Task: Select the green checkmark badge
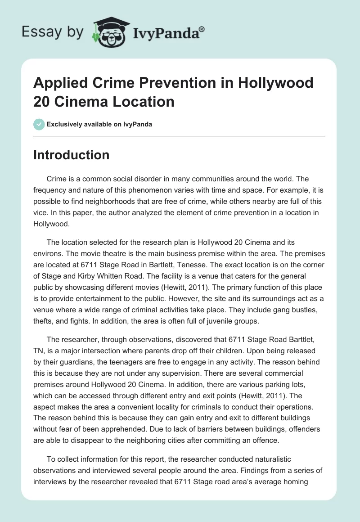tap(39, 124)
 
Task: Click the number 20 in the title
tap(42, 101)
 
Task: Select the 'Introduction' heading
tap(72, 155)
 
